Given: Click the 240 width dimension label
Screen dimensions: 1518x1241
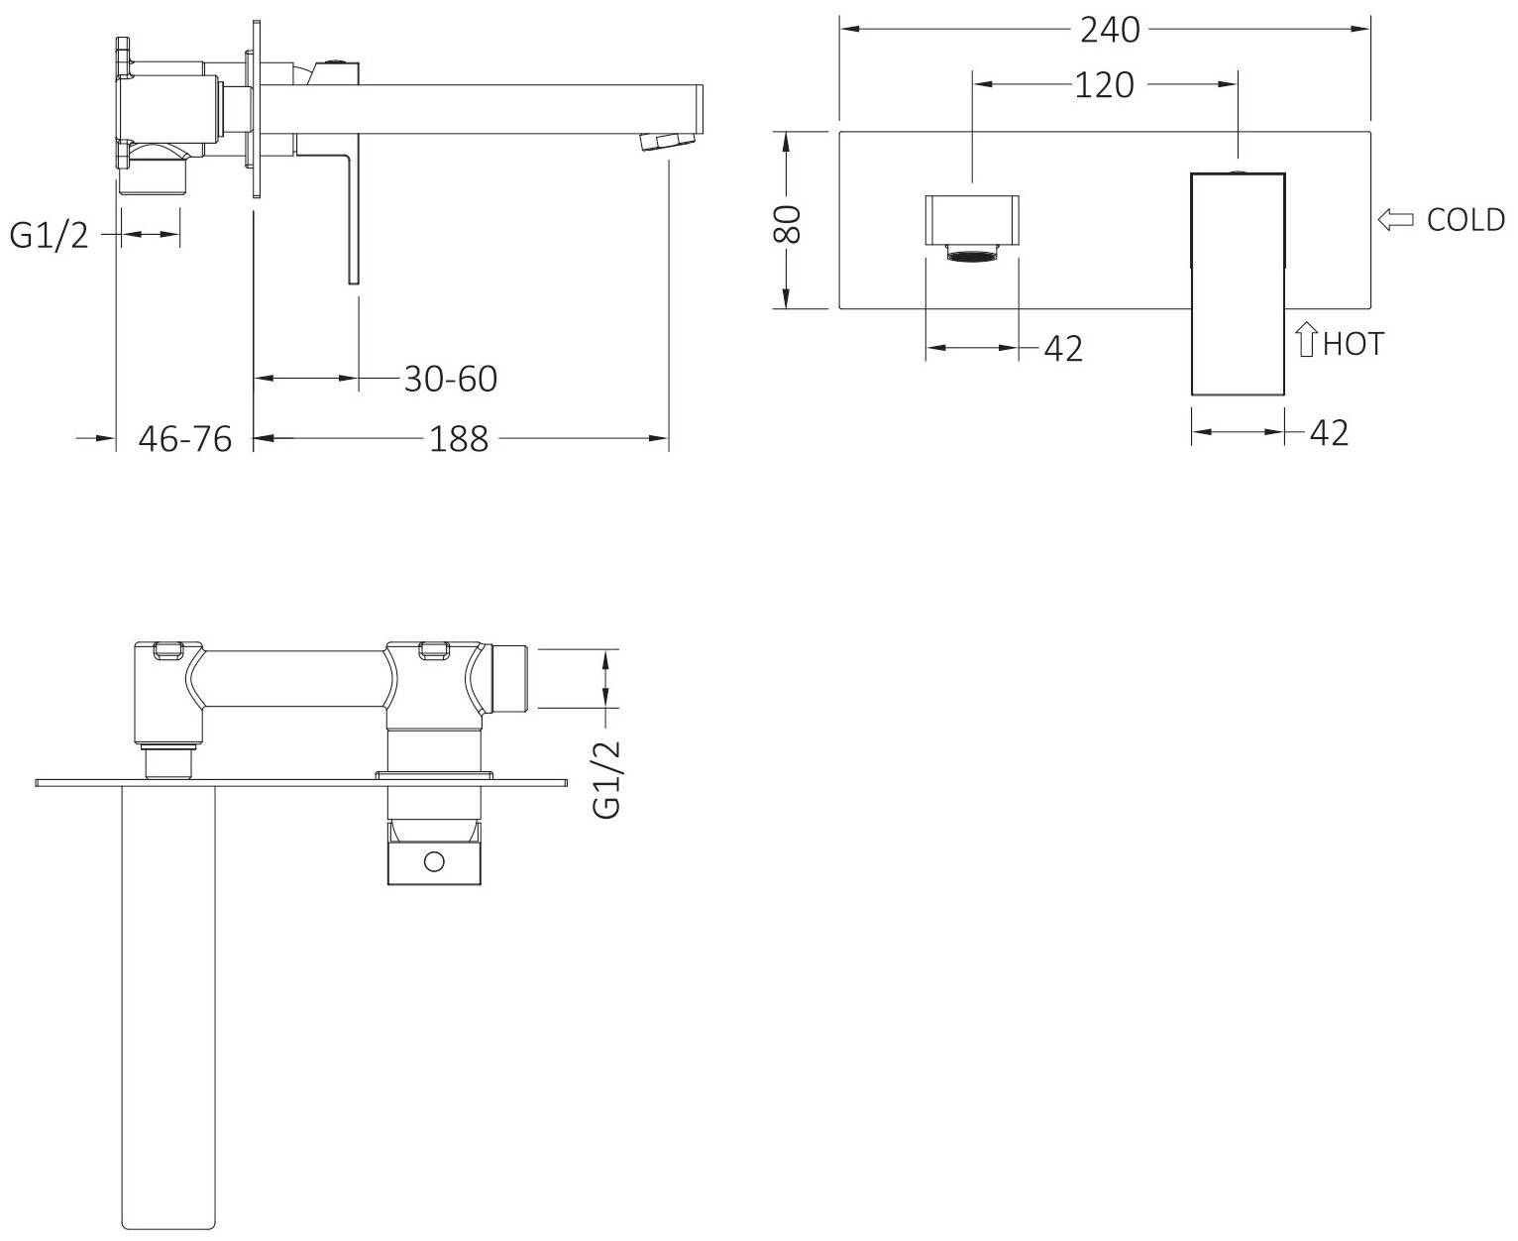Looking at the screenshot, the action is pos(1110,31).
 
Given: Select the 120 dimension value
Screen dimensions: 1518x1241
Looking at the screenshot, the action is pos(1104,86).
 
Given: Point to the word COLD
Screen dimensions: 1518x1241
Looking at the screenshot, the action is pos(1464,220).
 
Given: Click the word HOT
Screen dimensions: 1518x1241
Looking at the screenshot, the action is pos(1353,344).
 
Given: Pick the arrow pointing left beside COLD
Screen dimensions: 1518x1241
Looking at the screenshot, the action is pos(1395,220).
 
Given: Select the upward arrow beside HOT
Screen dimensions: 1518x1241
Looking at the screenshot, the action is pos(1306,342).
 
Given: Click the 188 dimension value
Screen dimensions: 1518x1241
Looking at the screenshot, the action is pos(459,438).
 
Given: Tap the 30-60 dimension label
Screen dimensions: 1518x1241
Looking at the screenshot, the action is pos(450,379).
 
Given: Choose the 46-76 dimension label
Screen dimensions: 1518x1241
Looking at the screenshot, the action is pos(184,438).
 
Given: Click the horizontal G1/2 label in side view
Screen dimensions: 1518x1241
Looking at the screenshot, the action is pos(50,235).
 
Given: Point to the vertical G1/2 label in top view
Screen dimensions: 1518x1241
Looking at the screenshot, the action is pos(606,779).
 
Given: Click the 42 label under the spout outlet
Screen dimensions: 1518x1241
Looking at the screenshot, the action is pos(1063,348).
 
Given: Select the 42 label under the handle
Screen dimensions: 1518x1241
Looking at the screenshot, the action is pos(1329,432).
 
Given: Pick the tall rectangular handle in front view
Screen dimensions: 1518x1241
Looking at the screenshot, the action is pos(1238,284).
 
